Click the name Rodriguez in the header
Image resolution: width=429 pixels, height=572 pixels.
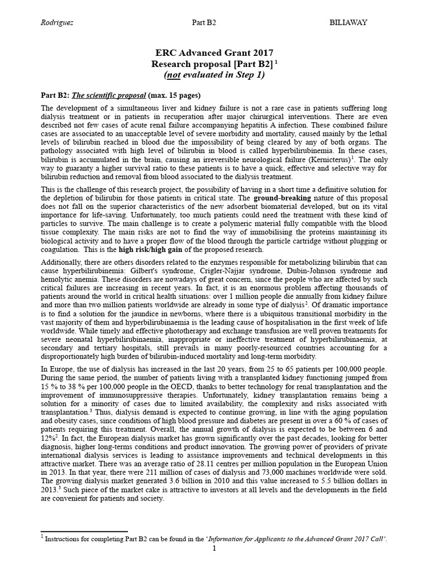coord(59,22)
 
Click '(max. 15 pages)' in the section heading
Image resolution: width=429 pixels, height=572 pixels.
coord(175,94)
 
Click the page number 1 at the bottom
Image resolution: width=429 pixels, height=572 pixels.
coord(214,549)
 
